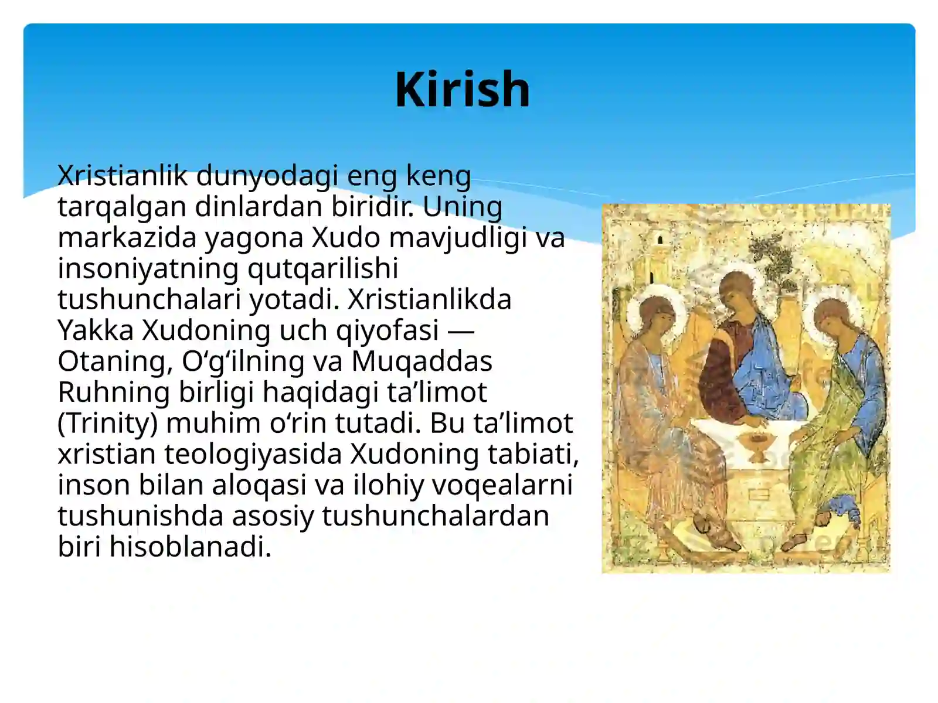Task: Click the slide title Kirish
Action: [x=462, y=90]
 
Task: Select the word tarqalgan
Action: [x=121, y=206]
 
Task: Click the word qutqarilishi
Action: [x=322, y=268]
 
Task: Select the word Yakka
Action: [x=96, y=330]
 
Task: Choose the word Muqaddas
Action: [x=422, y=361]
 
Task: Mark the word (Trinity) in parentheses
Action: [x=107, y=423]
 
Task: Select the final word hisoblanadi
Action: [x=190, y=547]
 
